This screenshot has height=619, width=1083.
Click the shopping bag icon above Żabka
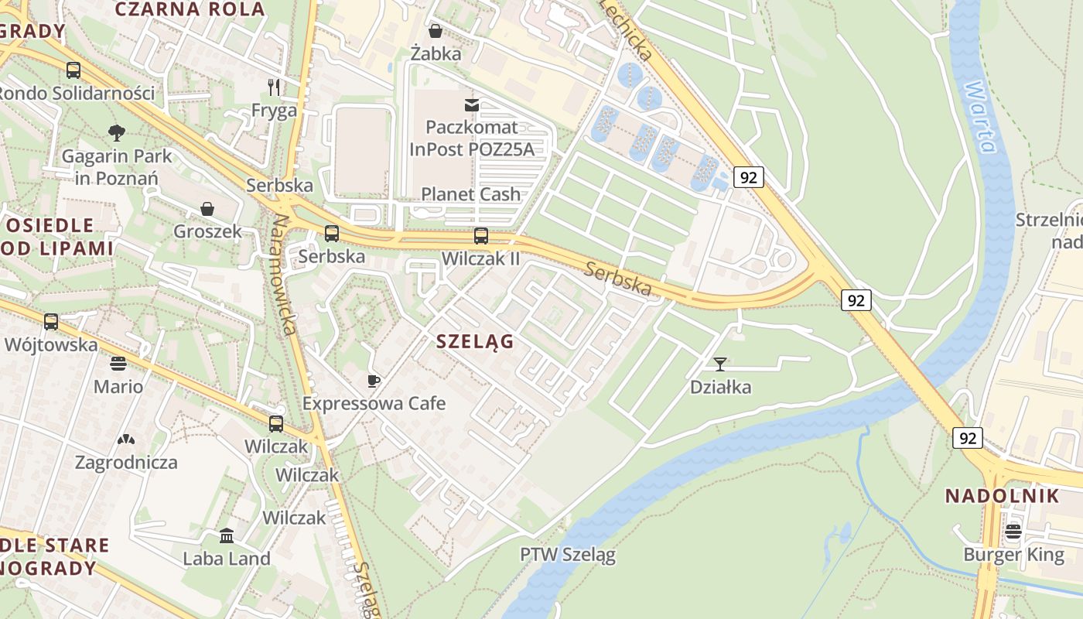click(436, 31)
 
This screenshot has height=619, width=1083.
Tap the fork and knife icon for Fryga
click(274, 87)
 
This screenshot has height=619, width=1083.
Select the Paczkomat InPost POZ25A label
click(472, 139)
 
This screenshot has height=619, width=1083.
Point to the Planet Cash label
click(470, 194)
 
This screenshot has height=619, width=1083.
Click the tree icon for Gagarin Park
click(117, 132)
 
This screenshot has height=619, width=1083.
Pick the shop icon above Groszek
click(207, 209)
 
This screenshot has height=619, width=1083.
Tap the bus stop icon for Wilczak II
click(480, 236)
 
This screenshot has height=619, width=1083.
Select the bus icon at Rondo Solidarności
click(73, 70)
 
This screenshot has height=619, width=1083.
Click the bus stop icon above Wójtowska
click(51, 322)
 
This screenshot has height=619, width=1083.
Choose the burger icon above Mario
click(118, 363)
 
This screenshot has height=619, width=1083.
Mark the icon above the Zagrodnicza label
click(125, 440)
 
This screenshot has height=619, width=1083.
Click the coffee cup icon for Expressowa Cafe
click(374, 381)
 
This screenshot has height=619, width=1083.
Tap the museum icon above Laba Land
click(227, 535)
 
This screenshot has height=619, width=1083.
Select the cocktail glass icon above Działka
click(720, 364)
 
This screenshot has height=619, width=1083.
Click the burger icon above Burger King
click(1013, 532)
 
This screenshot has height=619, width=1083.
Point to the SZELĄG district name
click(475, 341)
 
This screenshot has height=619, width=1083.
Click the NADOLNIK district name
click(1002, 496)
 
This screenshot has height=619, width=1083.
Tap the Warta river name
click(979, 116)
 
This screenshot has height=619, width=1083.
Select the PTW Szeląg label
click(567, 555)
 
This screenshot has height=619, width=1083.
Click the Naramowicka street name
click(283, 275)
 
